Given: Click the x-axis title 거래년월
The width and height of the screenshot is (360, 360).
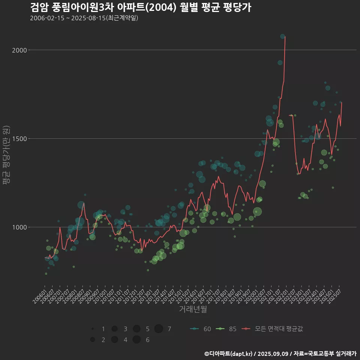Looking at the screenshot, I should pyautogui.click(x=193, y=309).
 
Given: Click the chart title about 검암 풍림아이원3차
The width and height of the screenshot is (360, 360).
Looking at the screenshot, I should pyautogui.click(x=140, y=7).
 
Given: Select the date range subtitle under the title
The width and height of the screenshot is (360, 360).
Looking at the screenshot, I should pyautogui.click(x=84, y=18).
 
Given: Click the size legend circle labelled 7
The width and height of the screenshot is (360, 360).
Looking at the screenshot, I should pyautogui.click(x=159, y=329).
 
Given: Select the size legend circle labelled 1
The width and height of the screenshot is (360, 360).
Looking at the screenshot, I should pyautogui.click(x=92, y=329).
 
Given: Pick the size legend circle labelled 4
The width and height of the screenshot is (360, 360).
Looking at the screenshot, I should pyautogui.click(x=114, y=340).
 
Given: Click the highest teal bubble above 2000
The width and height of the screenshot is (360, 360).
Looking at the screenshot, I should pyautogui.click(x=282, y=36).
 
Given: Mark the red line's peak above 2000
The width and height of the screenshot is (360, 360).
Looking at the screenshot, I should pyautogui.click(x=285, y=37).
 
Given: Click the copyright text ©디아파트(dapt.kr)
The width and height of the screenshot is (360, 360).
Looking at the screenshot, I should pyautogui.click(x=229, y=353).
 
